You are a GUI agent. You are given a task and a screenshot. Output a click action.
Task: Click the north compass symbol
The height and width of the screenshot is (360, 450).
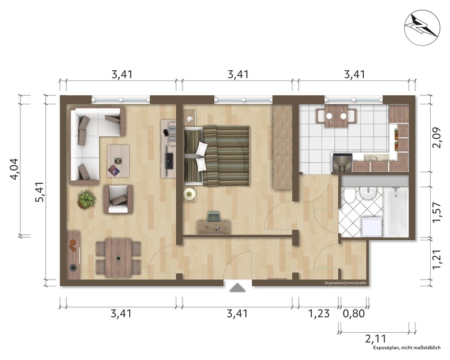point(422,28)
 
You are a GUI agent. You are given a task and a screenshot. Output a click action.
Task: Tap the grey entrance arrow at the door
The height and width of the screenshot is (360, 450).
point(237,287)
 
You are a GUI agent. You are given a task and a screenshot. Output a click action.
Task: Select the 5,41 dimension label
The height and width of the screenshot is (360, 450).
point(40,192)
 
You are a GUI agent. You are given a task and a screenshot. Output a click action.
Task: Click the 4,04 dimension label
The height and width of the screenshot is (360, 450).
point(14,168)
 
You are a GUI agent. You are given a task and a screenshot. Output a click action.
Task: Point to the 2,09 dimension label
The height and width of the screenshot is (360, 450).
point(436,137)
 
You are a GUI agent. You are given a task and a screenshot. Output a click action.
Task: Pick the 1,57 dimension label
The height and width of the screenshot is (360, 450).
point(436,212)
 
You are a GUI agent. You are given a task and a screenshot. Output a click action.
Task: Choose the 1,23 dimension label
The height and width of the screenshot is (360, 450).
point(319,314)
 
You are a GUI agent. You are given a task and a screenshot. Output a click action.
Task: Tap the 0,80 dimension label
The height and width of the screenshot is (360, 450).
point(354,314)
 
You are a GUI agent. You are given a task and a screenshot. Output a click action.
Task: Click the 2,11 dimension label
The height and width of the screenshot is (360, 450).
point(376,339)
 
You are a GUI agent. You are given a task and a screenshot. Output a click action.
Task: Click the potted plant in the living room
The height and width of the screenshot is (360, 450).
point(86,198)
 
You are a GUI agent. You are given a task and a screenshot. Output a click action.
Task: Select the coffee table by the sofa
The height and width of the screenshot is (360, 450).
point(118,161)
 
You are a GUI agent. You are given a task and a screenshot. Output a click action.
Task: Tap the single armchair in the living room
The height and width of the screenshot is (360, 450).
point(118,199)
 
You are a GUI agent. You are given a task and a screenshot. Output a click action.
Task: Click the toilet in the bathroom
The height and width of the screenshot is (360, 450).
point(349,196)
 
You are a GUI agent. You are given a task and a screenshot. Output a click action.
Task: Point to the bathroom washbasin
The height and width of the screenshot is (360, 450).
point(368,193)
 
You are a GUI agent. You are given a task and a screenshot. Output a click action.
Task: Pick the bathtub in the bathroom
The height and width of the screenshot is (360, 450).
point(396,211)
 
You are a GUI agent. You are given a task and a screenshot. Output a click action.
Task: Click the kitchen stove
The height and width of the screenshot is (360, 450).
point(342,163)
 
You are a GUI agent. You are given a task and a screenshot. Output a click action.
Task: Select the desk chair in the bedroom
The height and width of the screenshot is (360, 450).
point(214,216)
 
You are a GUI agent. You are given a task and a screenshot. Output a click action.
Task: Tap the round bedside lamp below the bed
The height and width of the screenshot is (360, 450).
point(189,194)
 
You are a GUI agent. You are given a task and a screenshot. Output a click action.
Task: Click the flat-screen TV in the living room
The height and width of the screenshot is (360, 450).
point(169,161)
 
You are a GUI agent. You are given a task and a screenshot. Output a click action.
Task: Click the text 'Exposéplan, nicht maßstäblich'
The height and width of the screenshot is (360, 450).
point(407,348)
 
